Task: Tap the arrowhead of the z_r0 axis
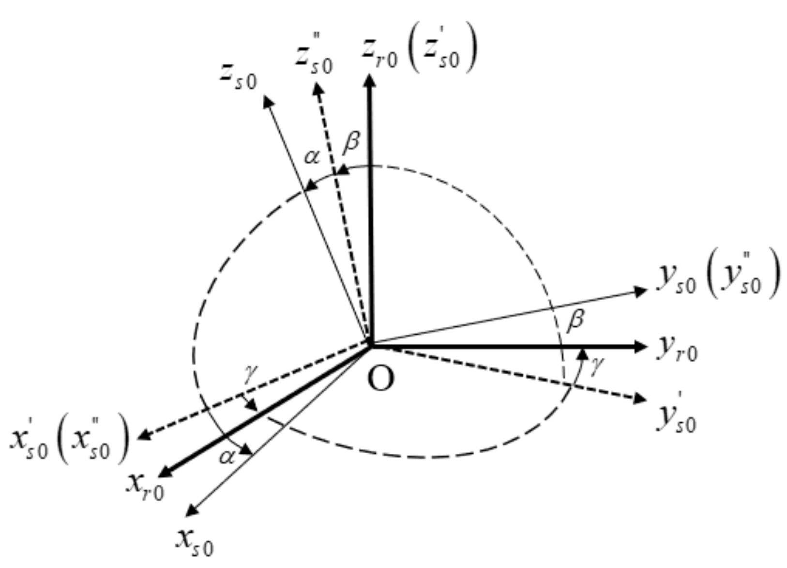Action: [370, 81]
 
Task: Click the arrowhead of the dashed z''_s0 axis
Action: [318, 89]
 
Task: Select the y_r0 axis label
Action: [677, 349]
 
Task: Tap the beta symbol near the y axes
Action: [575, 320]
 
